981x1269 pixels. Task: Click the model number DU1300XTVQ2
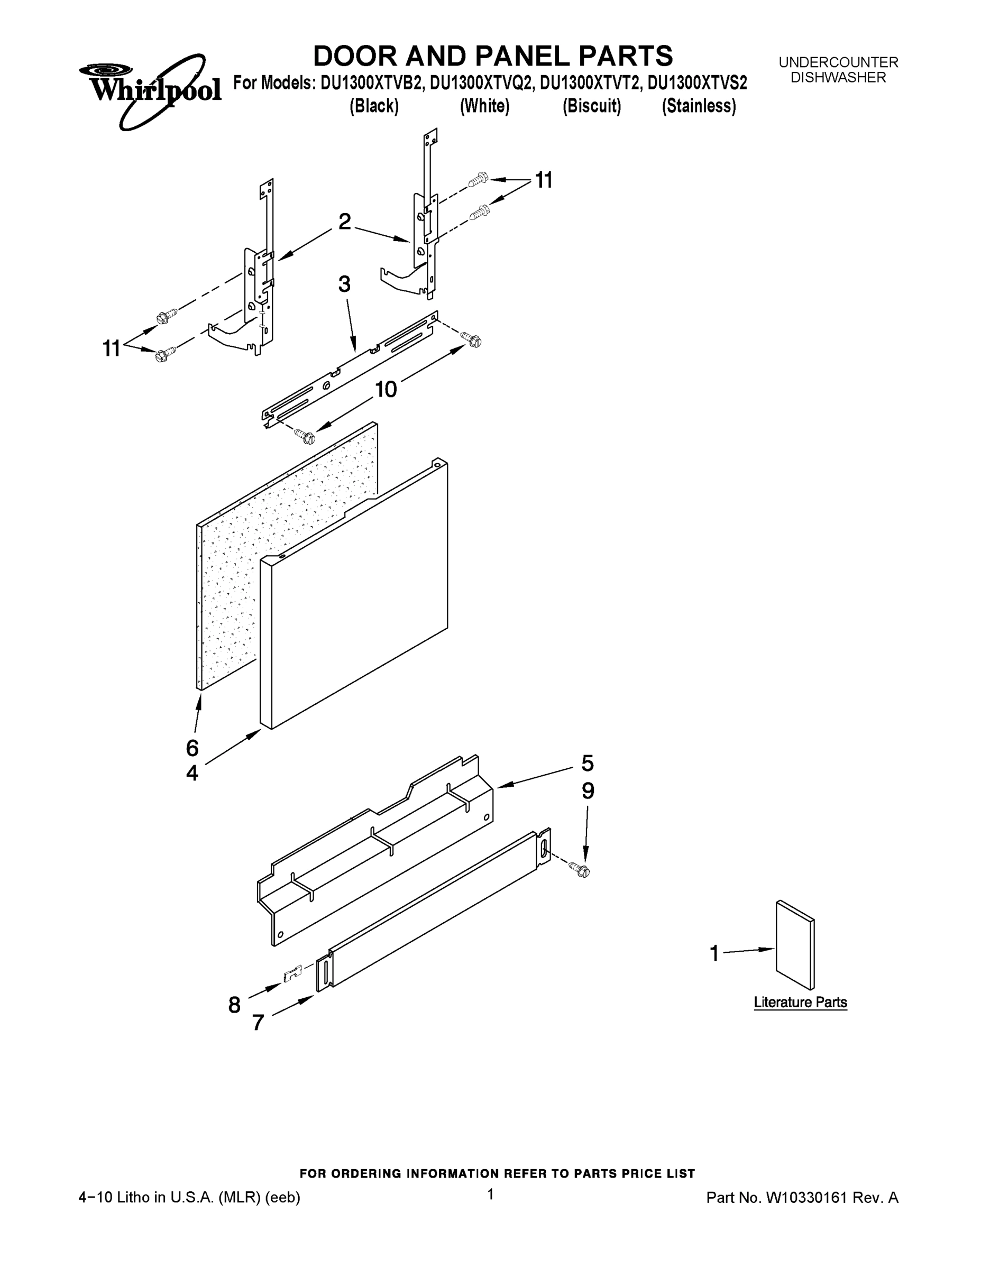pos(481,84)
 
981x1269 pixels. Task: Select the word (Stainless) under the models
pos(699,106)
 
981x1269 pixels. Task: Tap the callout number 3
pos(344,284)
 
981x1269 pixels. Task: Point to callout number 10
pos(386,389)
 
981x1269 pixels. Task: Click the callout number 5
pos(588,763)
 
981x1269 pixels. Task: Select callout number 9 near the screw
pos(588,792)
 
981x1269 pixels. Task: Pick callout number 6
pos(192,748)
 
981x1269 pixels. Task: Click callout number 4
pos(192,774)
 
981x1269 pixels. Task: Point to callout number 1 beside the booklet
pos(714,953)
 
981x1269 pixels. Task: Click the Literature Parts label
pos(800,1003)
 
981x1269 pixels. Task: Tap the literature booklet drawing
pos(795,945)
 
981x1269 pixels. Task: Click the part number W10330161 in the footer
pos(805,1198)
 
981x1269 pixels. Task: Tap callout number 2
pos(345,222)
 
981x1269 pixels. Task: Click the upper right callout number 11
pos(544,181)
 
